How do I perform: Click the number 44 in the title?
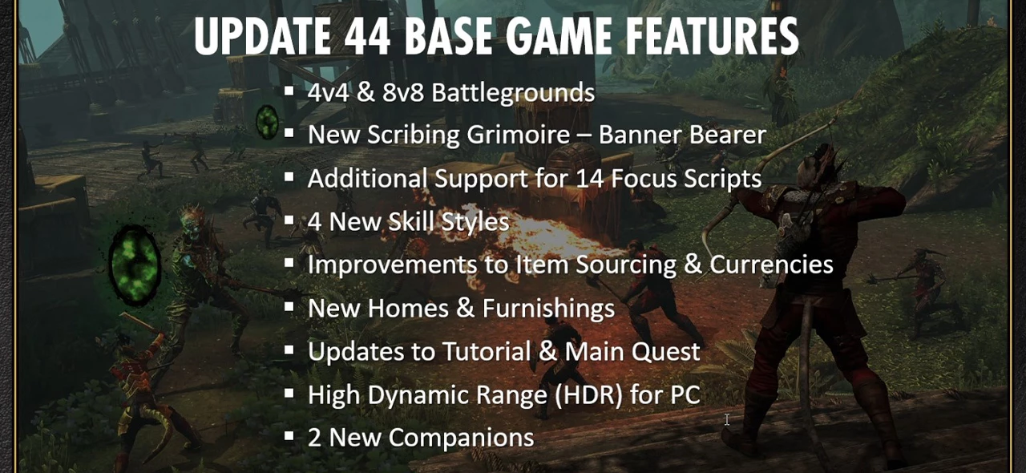coord(367,36)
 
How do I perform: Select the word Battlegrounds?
coord(513,93)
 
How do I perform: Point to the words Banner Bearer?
coord(682,135)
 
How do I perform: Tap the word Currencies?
coord(771,265)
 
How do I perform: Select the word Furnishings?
coord(548,308)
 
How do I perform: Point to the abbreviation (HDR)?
coord(588,395)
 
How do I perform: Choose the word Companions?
coord(461,438)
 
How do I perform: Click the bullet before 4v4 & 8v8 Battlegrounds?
coord(289,91)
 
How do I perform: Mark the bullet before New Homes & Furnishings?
coord(289,306)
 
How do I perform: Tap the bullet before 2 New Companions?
coord(289,435)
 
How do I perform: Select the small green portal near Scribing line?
coord(267,122)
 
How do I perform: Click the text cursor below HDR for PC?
coord(727,419)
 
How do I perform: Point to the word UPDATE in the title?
coord(262,36)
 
